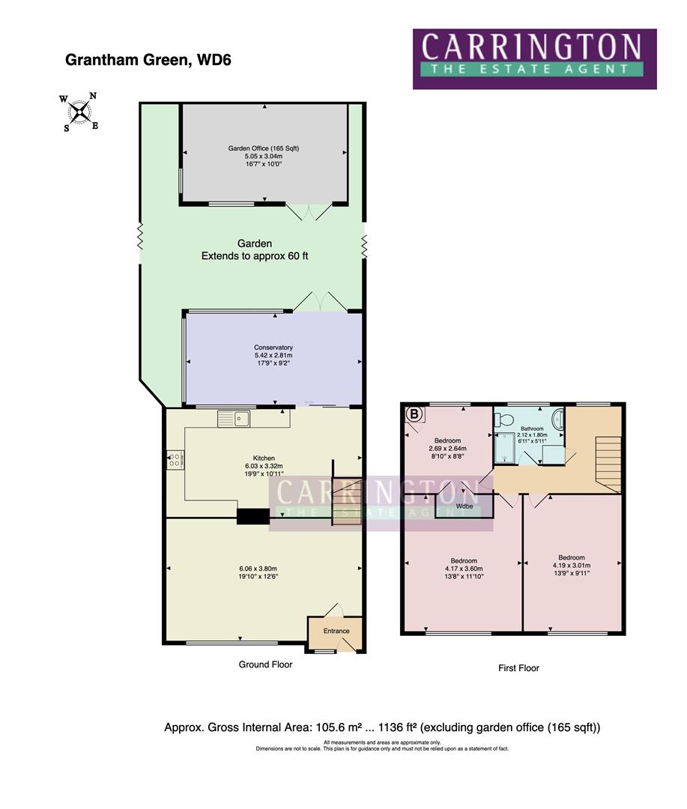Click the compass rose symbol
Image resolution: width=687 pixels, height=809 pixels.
click(x=79, y=112)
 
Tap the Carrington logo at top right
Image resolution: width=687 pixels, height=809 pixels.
click(x=534, y=58)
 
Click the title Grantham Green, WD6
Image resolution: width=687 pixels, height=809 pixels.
click(x=148, y=61)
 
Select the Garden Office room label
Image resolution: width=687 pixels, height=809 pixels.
click(x=263, y=148)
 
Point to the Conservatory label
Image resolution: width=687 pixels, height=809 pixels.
click(x=273, y=348)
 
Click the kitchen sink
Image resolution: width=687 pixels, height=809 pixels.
click(x=234, y=419)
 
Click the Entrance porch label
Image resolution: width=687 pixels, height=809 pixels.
click(x=336, y=631)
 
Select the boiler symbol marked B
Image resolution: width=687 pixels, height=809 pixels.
click(x=414, y=413)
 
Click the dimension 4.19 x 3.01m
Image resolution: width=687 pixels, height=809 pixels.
click(x=572, y=566)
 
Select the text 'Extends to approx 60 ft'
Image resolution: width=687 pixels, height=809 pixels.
click(x=255, y=256)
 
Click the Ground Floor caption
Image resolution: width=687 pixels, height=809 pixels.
click(x=265, y=664)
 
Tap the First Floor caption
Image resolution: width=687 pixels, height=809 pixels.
click(x=518, y=668)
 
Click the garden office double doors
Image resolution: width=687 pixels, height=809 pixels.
click(x=309, y=213)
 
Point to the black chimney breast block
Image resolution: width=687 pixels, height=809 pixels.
click(x=252, y=516)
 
